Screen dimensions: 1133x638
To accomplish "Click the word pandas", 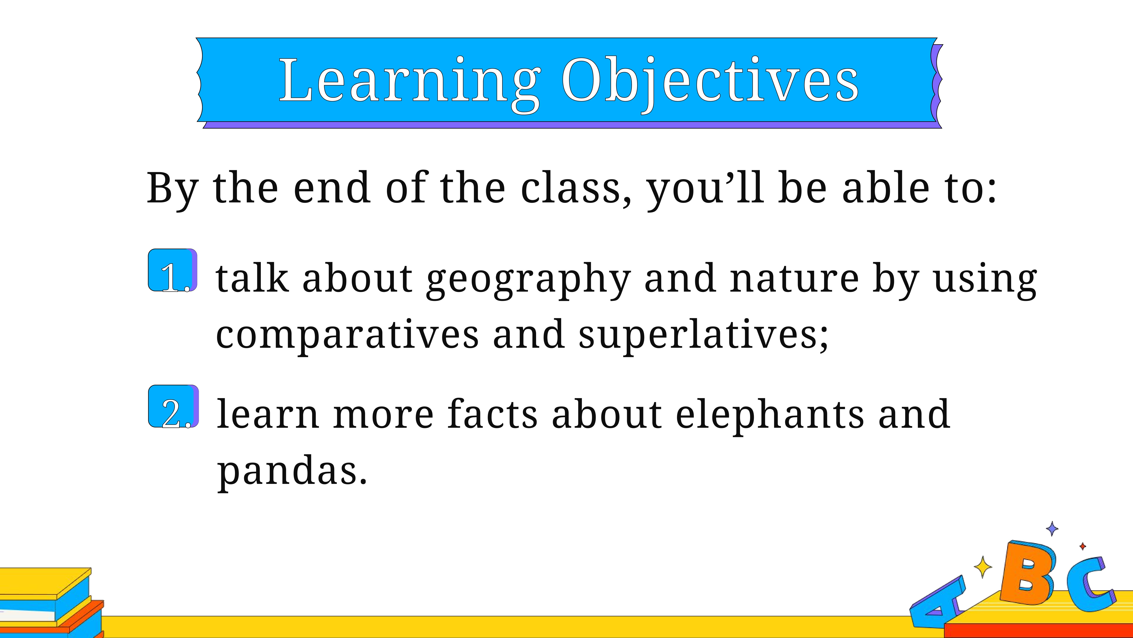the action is (x=292, y=472).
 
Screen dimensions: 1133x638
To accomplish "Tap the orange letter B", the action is (x=1027, y=573).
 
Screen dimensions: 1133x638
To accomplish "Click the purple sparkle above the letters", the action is (x=1052, y=528).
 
